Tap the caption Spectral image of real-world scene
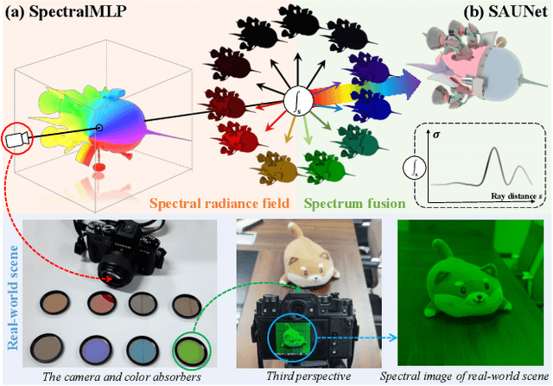[465, 375]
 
